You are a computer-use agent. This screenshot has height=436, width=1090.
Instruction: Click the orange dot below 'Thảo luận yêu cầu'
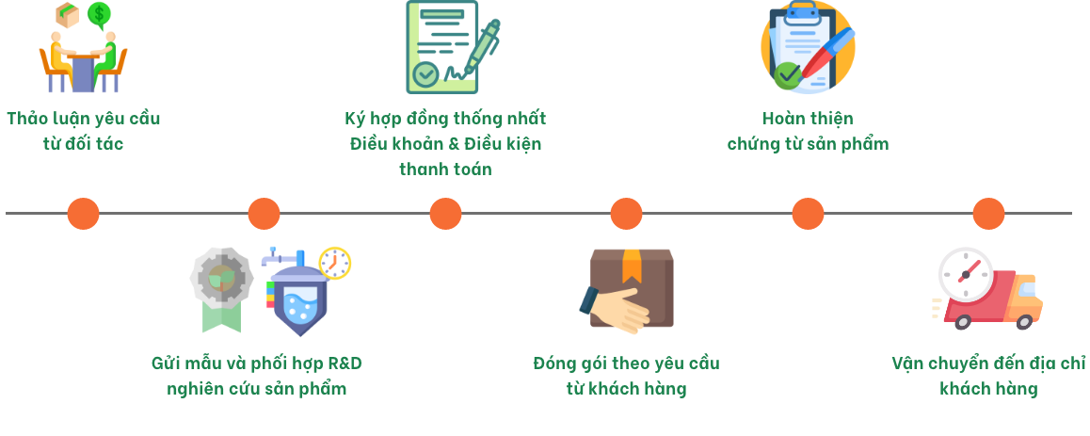click(x=83, y=214)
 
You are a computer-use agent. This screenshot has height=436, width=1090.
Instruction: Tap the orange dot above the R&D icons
click(x=264, y=214)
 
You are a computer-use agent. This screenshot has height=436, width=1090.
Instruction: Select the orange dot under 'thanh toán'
click(x=445, y=214)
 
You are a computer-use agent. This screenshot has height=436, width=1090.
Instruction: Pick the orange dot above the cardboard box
click(x=626, y=214)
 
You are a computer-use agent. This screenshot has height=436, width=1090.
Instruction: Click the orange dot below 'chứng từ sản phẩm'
click(x=808, y=214)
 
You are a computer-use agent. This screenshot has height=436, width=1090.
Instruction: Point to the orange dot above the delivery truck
click(x=988, y=214)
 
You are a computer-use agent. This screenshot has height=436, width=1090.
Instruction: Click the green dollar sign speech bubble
click(x=99, y=14)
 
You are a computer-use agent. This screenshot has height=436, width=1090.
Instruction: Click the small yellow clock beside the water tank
click(x=334, y=263)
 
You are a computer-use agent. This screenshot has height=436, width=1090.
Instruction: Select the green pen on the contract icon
click(x=479, y=49)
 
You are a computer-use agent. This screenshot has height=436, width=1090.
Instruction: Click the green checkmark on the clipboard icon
click(x=786, y=75)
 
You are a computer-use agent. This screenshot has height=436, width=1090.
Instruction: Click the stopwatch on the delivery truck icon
click(x=965, y=274)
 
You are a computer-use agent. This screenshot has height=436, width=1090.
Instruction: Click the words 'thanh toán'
click(x=445, y=170)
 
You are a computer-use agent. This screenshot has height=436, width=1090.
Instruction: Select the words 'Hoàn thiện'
click(x=808, y=119)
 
